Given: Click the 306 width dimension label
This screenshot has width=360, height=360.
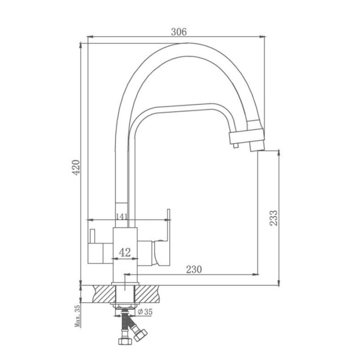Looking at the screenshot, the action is [179, 32].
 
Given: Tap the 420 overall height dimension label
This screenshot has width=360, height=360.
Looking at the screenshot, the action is [76, 167].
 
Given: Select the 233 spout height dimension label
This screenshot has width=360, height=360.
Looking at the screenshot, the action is [274, 218].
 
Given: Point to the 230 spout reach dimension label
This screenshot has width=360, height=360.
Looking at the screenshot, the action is [194, 269].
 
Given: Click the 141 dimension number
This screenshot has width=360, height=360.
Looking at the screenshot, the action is [122, 216].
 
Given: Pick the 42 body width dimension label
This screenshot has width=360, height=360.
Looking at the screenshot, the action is [125, 252].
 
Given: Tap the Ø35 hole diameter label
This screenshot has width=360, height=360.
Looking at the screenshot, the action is [145, 312].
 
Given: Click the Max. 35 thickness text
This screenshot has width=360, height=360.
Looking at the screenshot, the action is [77, 316].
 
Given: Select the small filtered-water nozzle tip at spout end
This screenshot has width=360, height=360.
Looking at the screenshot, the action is [236, 145].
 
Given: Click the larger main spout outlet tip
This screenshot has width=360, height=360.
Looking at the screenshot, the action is [257, 146].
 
